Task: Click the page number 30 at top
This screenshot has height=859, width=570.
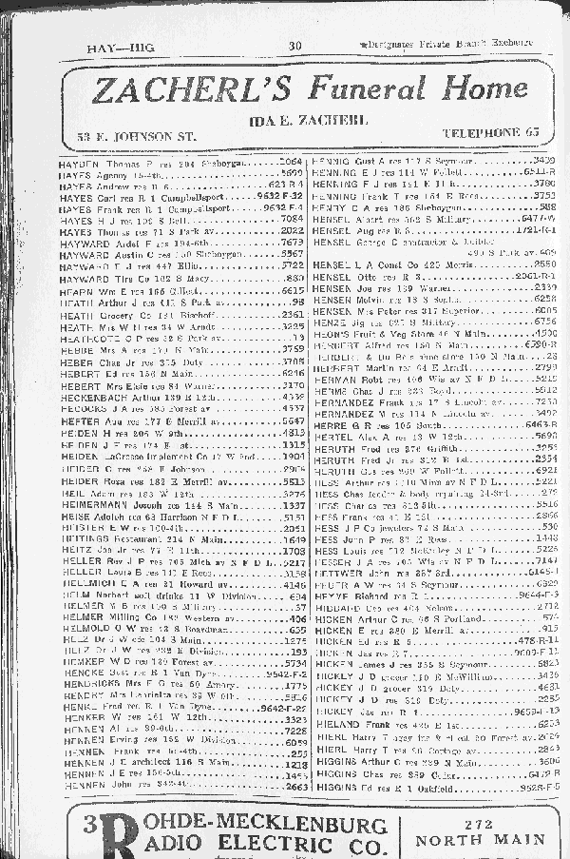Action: click(295, 45)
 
